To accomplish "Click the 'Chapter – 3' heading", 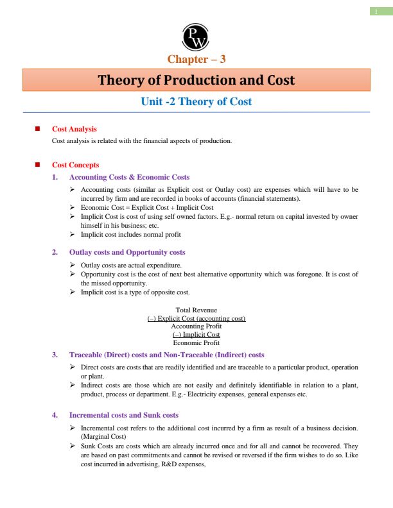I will (196, 60).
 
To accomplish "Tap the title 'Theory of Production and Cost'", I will (196, 80).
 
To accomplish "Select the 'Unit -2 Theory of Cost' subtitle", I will (196, 101).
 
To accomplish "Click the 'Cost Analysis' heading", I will (74, 129).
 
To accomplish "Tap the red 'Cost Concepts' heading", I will (75, 165).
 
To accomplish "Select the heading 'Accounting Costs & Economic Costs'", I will (129, 177).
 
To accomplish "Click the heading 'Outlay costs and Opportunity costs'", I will (127, 252).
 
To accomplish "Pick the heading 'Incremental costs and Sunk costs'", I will (124, 415).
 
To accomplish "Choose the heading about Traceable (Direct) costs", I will (166, 355).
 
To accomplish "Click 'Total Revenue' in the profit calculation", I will (197, 310).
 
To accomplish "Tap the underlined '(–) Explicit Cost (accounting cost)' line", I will (197, 318).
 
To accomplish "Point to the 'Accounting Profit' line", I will (197, 326).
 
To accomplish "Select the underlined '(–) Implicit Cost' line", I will (197, 335).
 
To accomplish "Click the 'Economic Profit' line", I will (197, 343).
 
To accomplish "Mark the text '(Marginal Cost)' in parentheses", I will (102, 436).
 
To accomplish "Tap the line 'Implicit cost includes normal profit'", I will (130, 234).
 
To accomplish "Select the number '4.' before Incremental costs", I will (55, 415).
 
